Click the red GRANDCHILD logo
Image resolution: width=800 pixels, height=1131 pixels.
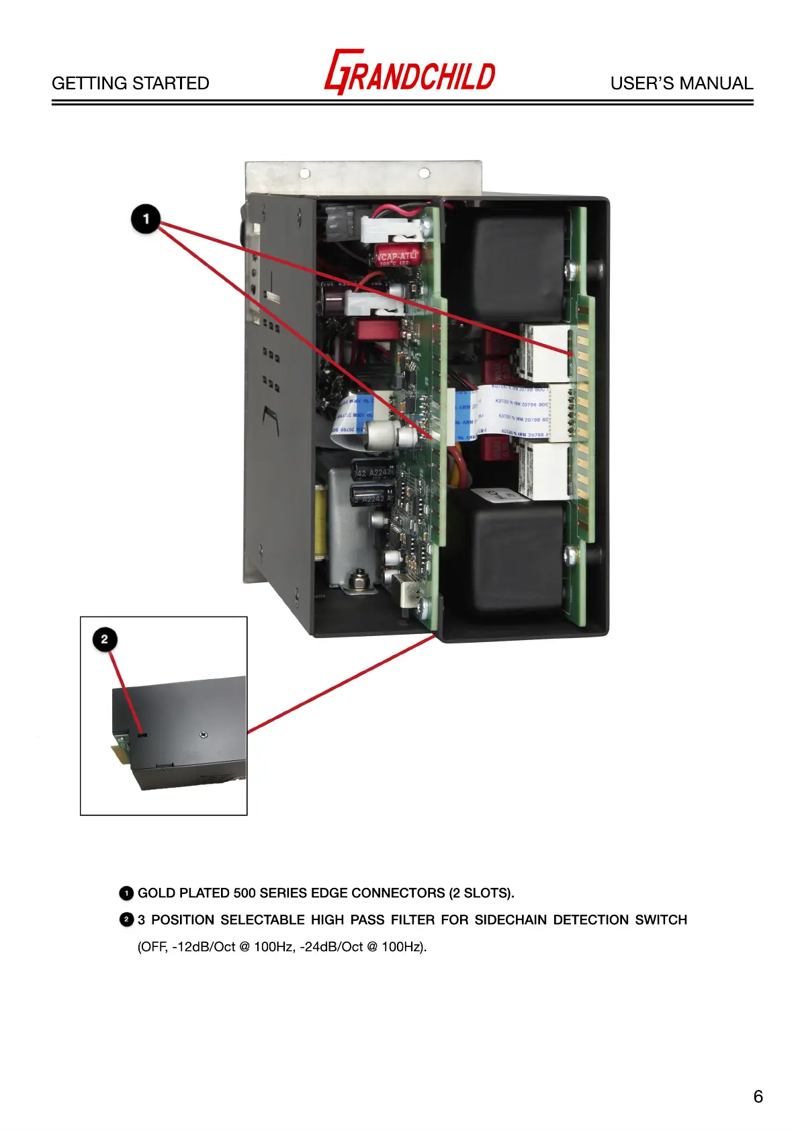tap(410, 73)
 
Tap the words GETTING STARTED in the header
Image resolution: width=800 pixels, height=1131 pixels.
tap(130, 83)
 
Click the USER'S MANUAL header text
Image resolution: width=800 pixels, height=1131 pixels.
tap(681, 83)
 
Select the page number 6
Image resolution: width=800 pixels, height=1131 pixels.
tap(758, 1097)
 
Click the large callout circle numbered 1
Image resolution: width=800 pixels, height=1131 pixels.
tap(146, 219)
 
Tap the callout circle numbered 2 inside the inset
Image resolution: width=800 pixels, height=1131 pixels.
tap(105, 639)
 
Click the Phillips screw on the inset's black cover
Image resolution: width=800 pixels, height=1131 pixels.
tap(204, 735)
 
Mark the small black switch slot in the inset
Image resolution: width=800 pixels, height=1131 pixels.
tap(141, 735)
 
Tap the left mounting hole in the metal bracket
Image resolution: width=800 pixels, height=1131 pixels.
tap(305, 173)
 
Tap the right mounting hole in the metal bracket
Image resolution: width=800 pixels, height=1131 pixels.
tap(424, 173)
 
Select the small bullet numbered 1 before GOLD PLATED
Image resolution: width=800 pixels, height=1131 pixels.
tap(126, 893)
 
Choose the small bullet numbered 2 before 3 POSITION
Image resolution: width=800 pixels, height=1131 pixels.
tap(126, 919)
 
